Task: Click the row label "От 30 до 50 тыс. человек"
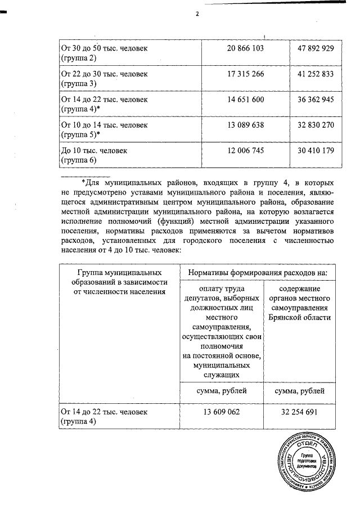point(104,49)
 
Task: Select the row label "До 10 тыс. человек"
point(94,151)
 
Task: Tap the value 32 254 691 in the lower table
point(298,412)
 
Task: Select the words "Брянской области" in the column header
point(298,317)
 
